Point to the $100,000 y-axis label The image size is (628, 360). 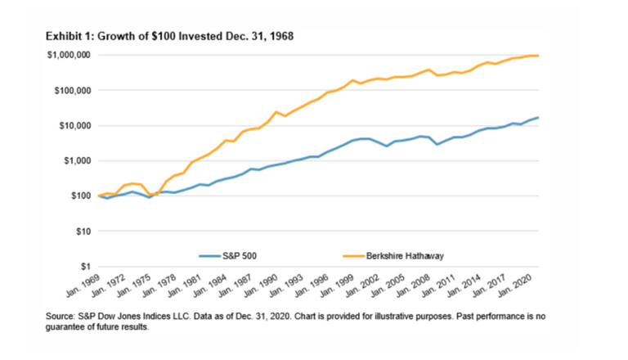[x=70, y=90]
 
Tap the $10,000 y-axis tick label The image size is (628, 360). [x=71, y=125]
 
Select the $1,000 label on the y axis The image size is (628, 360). [x=74, y=160]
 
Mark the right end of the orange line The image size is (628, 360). [x=538, y=56]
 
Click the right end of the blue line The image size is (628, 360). [x=538, y=118]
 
